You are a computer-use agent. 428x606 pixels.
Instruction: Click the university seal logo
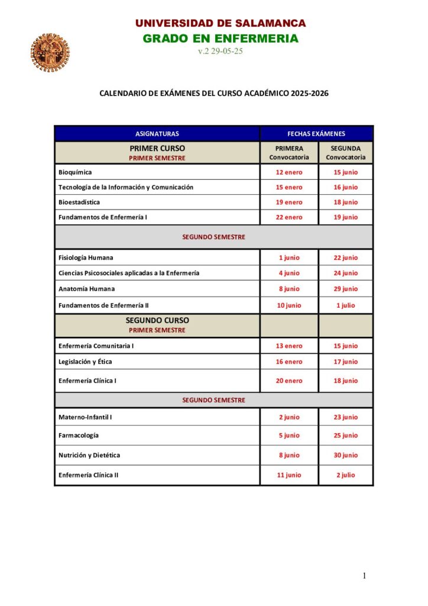coord(46,52)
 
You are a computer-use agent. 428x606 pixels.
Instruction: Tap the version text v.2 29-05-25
coord(221,51)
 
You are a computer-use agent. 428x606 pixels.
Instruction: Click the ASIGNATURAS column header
coord(157,134)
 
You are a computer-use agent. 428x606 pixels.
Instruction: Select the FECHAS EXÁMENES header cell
coord(316,134)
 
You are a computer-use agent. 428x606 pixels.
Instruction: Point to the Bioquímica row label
coord(75,172)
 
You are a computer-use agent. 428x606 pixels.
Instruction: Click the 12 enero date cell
coord(289,172)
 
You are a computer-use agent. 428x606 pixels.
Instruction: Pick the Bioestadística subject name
coord(79,202)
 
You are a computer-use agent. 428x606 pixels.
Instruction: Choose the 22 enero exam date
coord(289,217)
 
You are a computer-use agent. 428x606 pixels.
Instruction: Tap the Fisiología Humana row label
coord(86,257)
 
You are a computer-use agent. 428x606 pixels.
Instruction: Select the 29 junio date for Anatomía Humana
coord(346,289)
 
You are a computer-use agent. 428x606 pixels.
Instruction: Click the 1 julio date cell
coord(346,305)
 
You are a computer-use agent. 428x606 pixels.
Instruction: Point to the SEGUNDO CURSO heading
coord(157,320)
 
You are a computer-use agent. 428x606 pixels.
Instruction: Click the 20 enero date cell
coord(289,381)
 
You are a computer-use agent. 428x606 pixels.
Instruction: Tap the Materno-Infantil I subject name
coord(85,417)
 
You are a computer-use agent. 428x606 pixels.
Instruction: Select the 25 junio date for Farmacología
coord(346,436)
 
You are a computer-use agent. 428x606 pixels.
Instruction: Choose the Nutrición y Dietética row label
coord(89,455)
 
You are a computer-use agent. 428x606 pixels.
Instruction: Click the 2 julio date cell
coord(346,475)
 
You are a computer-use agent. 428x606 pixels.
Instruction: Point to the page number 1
coord(365,576)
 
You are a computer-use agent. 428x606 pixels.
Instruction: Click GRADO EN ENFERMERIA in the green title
coord(221,38)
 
